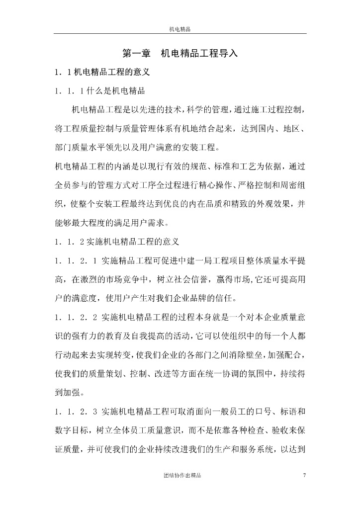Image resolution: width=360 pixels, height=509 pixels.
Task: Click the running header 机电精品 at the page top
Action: (x=180, y=29)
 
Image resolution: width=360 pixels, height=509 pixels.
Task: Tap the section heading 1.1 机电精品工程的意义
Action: (x=102, y=73)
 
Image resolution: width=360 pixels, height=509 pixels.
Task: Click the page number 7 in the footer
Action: (x=304, y=476)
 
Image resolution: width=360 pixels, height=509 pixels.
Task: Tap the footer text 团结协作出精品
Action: (x=182, y=476)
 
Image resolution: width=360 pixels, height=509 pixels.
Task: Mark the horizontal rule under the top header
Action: (x=180, y=34)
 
